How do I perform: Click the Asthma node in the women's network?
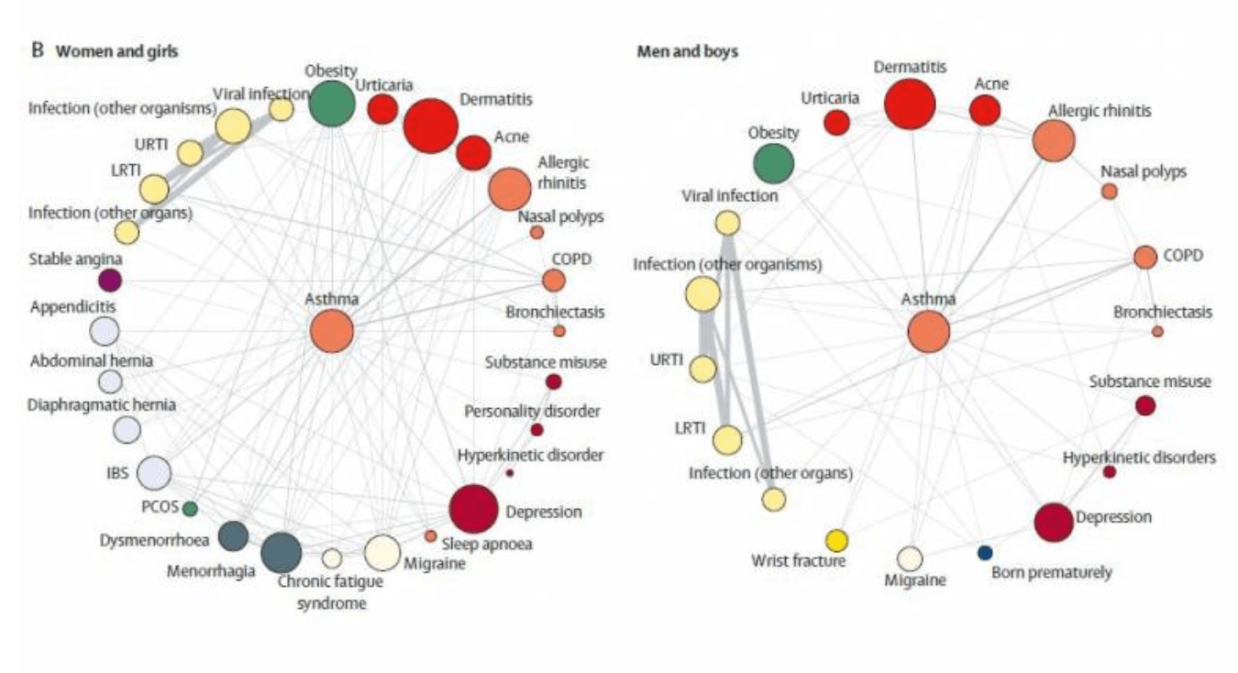[x=331, y=331]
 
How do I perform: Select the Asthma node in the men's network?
[x=929, y=332]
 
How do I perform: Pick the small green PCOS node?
[x=190, y=507]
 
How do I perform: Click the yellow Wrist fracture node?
[x=836, y=540]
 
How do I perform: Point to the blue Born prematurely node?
[x=985, y=552]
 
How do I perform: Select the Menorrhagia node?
[x=281, y=552]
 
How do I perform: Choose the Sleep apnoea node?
[x=430, y=535]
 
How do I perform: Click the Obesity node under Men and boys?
[x=774, y=163]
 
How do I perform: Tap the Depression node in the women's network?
[x=473, y=508]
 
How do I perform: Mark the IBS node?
[x=154, y=473]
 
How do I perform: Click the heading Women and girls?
[x=116, y=51]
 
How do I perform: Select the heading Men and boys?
[x=688, y=51]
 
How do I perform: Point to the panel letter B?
[x=38, y=51]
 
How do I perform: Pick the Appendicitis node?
[x=105, y=330]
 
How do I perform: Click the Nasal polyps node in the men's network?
[x=1109, y=191]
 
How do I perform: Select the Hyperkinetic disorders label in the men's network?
[x=1140, y=456]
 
